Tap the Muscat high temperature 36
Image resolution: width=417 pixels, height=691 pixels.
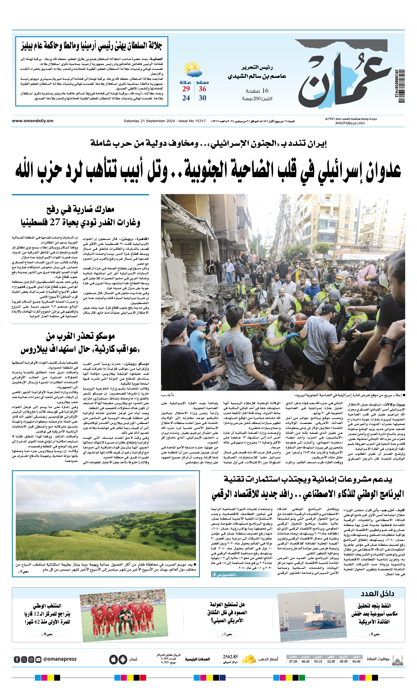coord(202,89)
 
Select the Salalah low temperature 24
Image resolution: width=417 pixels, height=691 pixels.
coord(186,98)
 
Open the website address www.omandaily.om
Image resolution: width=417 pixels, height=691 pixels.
coord(32,121)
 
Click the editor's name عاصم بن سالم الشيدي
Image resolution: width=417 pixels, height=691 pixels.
coord(257,76)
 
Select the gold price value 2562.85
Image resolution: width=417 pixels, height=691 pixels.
coord(230,657)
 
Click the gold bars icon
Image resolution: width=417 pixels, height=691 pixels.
coord(249,659)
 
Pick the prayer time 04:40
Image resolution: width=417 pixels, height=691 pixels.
coord(356,662)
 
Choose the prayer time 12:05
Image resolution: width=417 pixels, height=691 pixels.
coord(331,662)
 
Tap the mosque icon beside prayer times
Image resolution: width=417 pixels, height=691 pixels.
coord(397,660)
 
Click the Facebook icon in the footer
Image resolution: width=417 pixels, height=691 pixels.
coord(17,659)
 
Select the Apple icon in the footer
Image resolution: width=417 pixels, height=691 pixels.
coord(113,659)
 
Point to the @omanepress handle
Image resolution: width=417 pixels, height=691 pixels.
coord(60,659)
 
